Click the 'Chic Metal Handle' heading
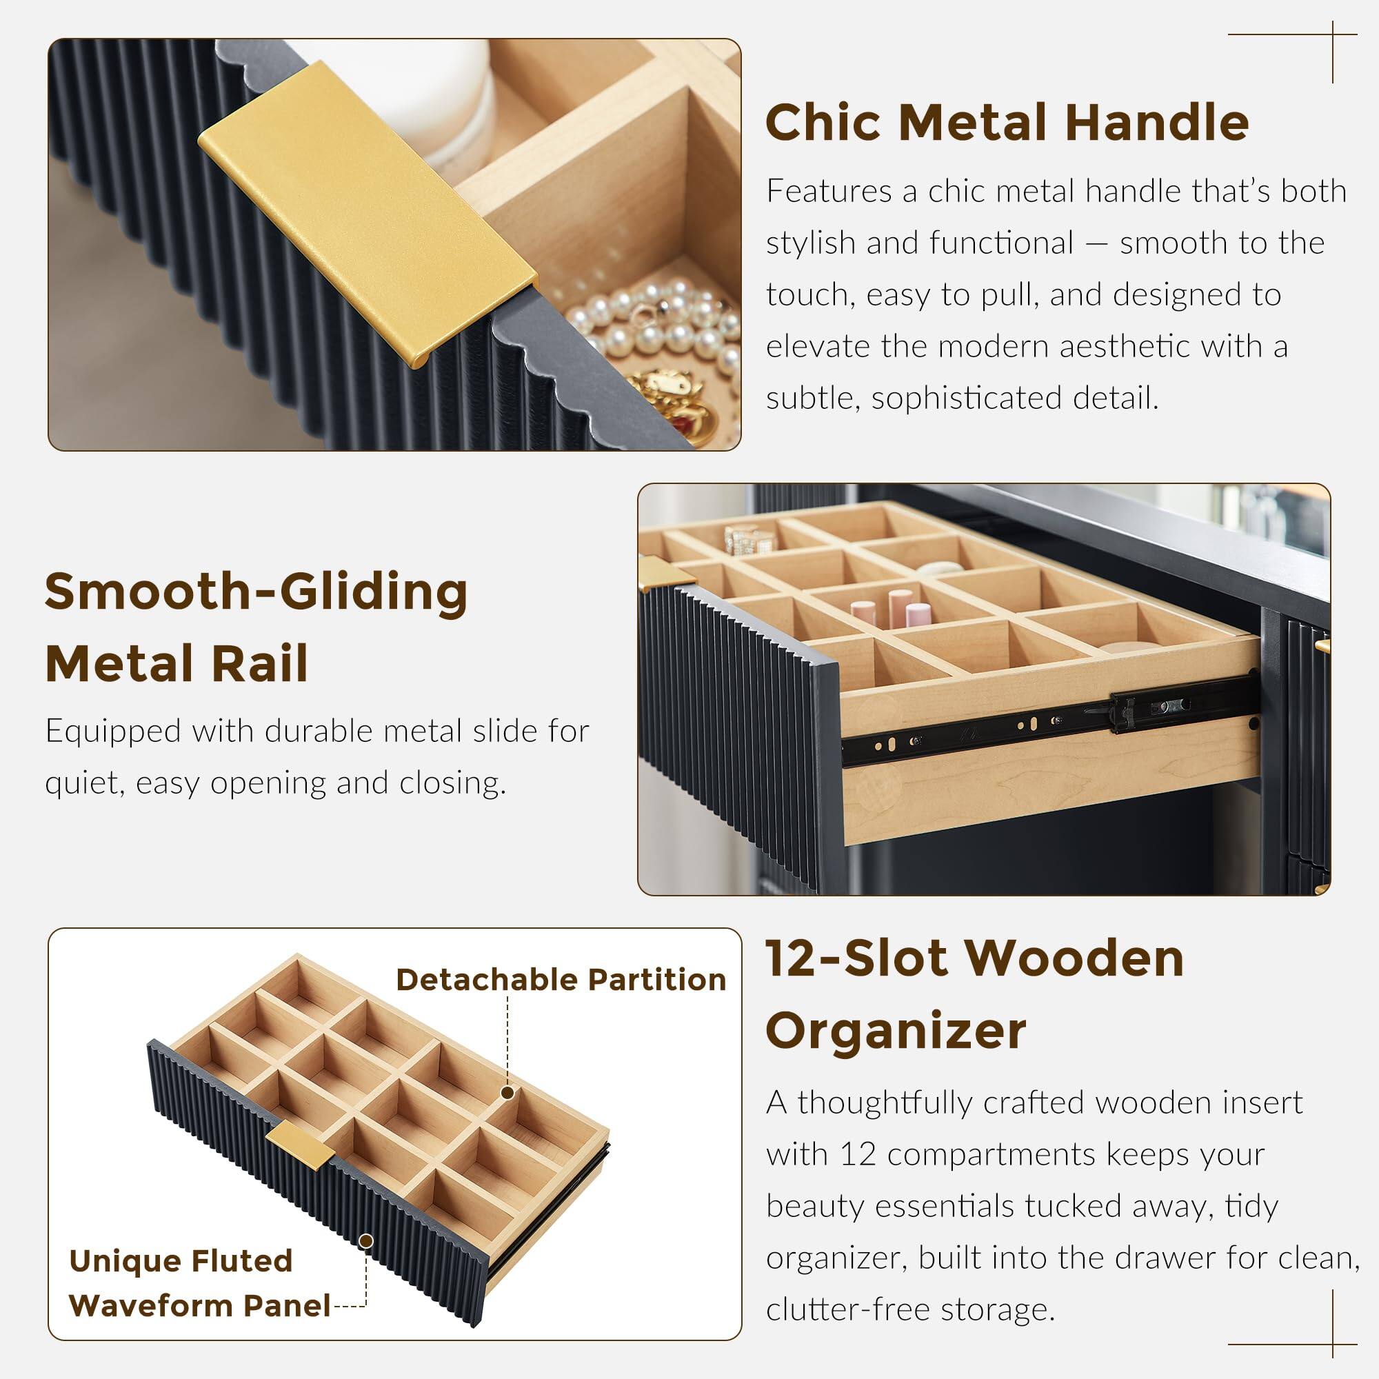tap(1007, 123)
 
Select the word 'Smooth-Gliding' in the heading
tap(256, 592)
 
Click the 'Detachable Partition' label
tap(561, 980)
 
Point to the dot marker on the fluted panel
tap(366, 1242)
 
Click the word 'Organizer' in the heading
tap(895, 1031)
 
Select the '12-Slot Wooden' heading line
tap(974, 958)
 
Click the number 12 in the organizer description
tap(857, 1154)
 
